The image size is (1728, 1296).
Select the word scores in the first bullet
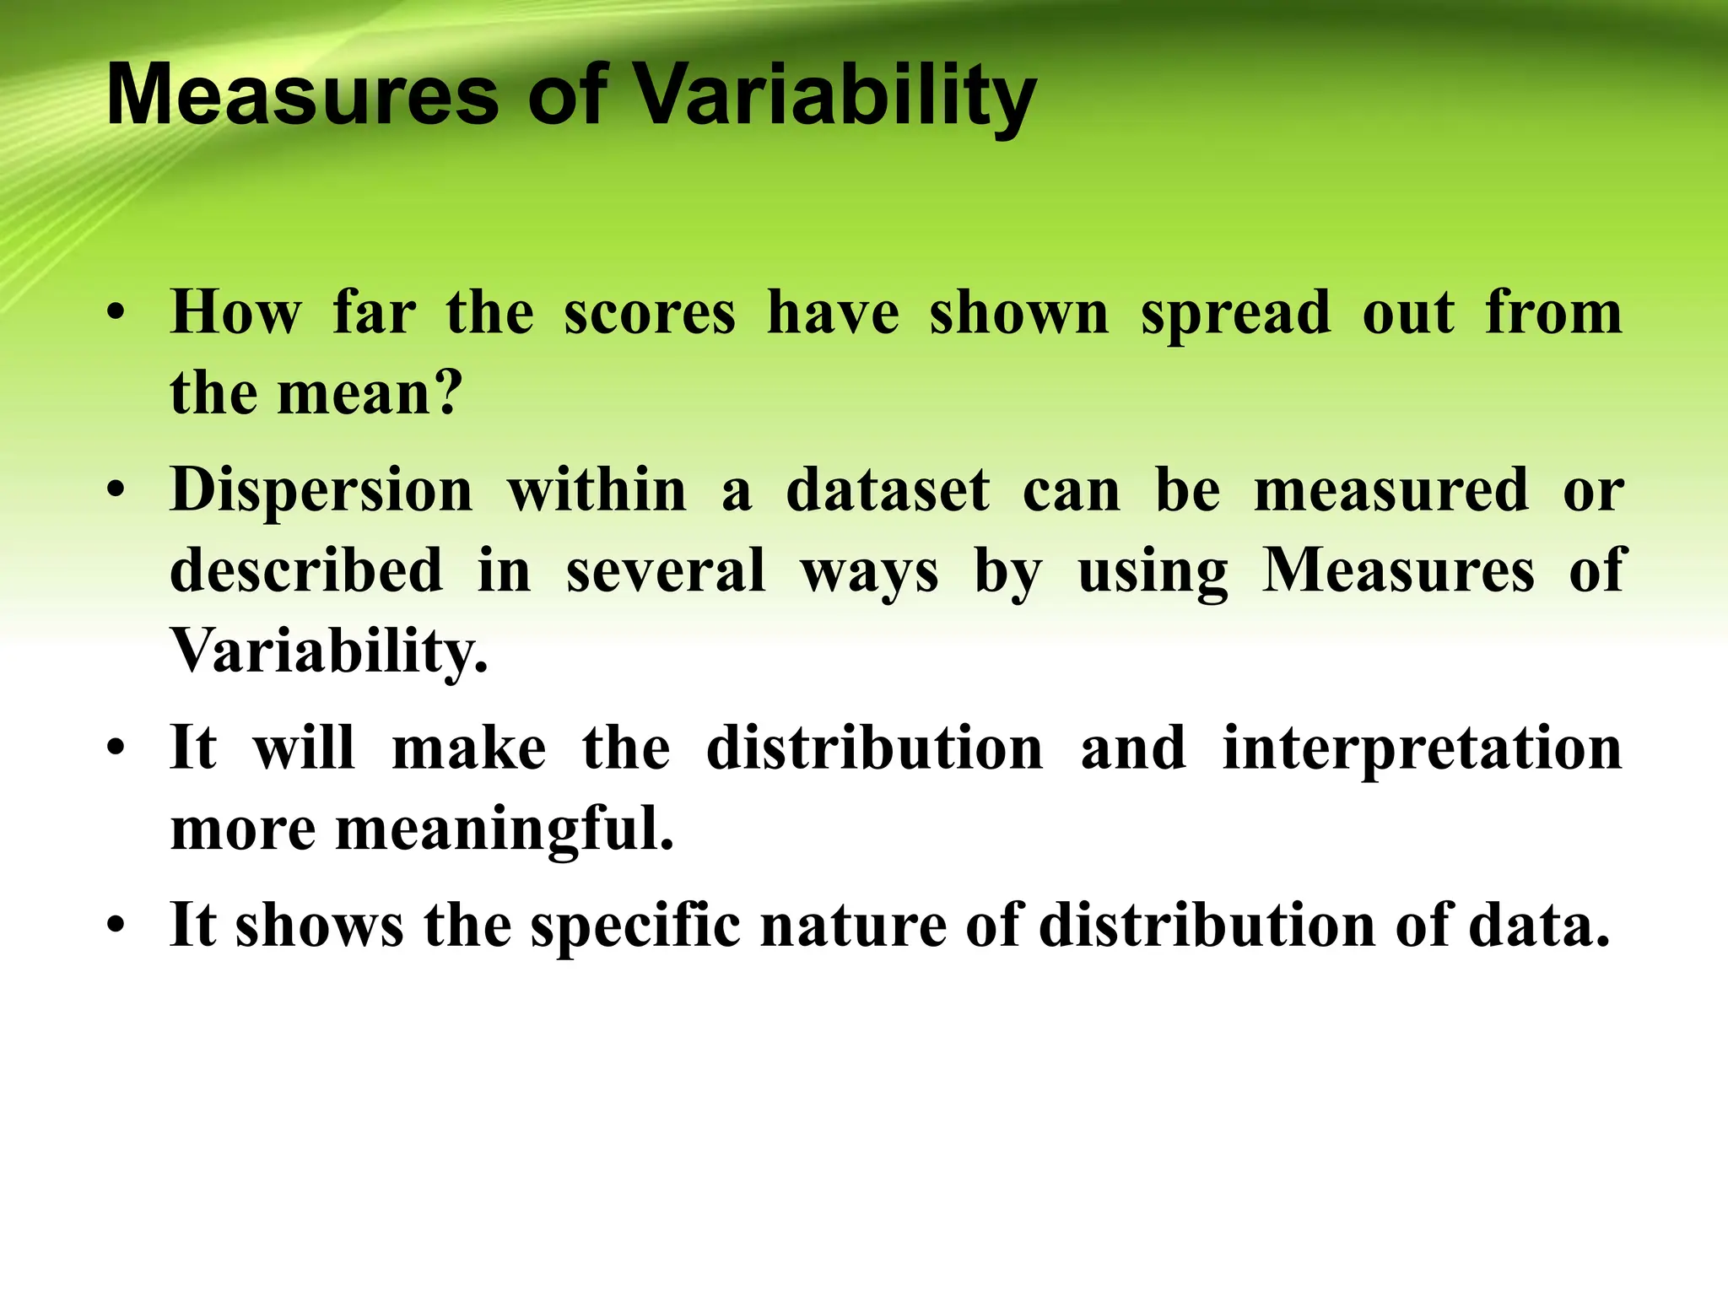(x=650, y=314)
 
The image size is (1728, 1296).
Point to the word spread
(x=1235, y=314)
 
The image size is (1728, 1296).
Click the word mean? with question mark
(x=370, y=395)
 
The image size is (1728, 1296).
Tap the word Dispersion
(x=321, y=490)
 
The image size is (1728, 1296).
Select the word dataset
(x=888, y=490)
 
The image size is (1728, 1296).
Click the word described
(x=306, y=570)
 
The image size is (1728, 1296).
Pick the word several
(x=666, y=570)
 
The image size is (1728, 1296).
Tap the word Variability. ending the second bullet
(x=329, y=651)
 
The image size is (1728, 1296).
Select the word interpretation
(x=1422, y=749)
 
